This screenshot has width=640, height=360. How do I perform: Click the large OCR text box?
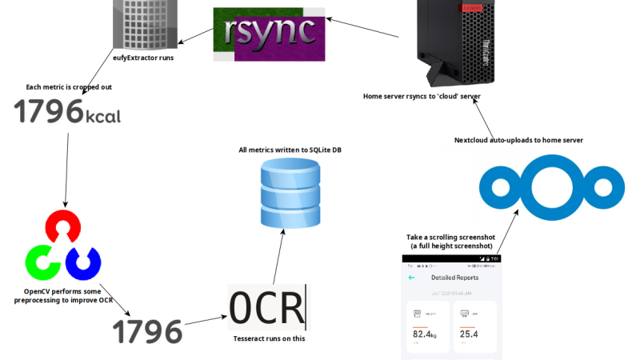point(267,307)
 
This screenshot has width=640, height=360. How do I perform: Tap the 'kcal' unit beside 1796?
point(103,117)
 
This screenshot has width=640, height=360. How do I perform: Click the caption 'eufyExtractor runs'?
point(144,58)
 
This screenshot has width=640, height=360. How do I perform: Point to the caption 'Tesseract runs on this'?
point(267,338)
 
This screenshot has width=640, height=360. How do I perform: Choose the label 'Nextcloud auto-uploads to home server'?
point(518,140)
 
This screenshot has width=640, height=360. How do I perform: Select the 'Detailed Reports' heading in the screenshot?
point(454,278)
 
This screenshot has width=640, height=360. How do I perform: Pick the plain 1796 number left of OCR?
point(147,330)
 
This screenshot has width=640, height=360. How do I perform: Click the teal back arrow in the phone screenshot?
point(411,278)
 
